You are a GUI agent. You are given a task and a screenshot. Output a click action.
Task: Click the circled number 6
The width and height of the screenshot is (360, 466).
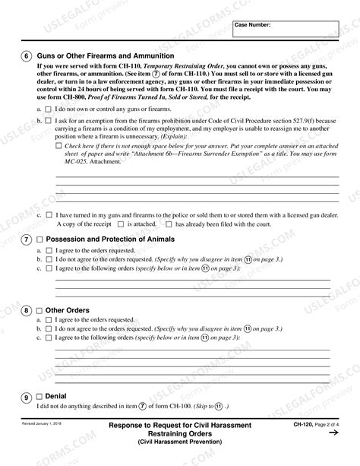point(27,56)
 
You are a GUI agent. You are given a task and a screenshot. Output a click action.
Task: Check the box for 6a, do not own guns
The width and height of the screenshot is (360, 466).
point(49,109)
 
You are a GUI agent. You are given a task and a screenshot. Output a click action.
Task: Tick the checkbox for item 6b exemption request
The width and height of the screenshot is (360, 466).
point(49,120)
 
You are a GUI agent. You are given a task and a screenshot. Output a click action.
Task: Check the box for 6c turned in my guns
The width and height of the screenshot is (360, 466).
point(49,216)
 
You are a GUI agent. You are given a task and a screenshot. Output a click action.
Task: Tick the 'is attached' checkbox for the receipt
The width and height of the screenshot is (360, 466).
point(120,225)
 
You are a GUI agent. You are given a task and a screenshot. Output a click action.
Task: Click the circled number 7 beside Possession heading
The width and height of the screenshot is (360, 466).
point(27,239)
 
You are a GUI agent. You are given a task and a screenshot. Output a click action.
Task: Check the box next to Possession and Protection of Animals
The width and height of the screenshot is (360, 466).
point(40,239)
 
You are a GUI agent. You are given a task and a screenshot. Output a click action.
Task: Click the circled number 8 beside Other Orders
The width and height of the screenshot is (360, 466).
point(27,310)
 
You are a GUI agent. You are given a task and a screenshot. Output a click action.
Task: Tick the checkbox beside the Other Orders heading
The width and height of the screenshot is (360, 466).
point(40,310)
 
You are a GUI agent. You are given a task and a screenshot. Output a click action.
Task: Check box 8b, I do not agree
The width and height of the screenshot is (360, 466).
point(49,328)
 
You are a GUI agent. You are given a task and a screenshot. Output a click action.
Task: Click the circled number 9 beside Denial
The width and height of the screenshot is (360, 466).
point(27,397)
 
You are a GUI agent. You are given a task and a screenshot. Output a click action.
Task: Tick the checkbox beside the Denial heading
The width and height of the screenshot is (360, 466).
point(40,397)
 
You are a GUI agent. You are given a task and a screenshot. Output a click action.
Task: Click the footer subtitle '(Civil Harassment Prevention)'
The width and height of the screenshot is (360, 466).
point(179,441)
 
